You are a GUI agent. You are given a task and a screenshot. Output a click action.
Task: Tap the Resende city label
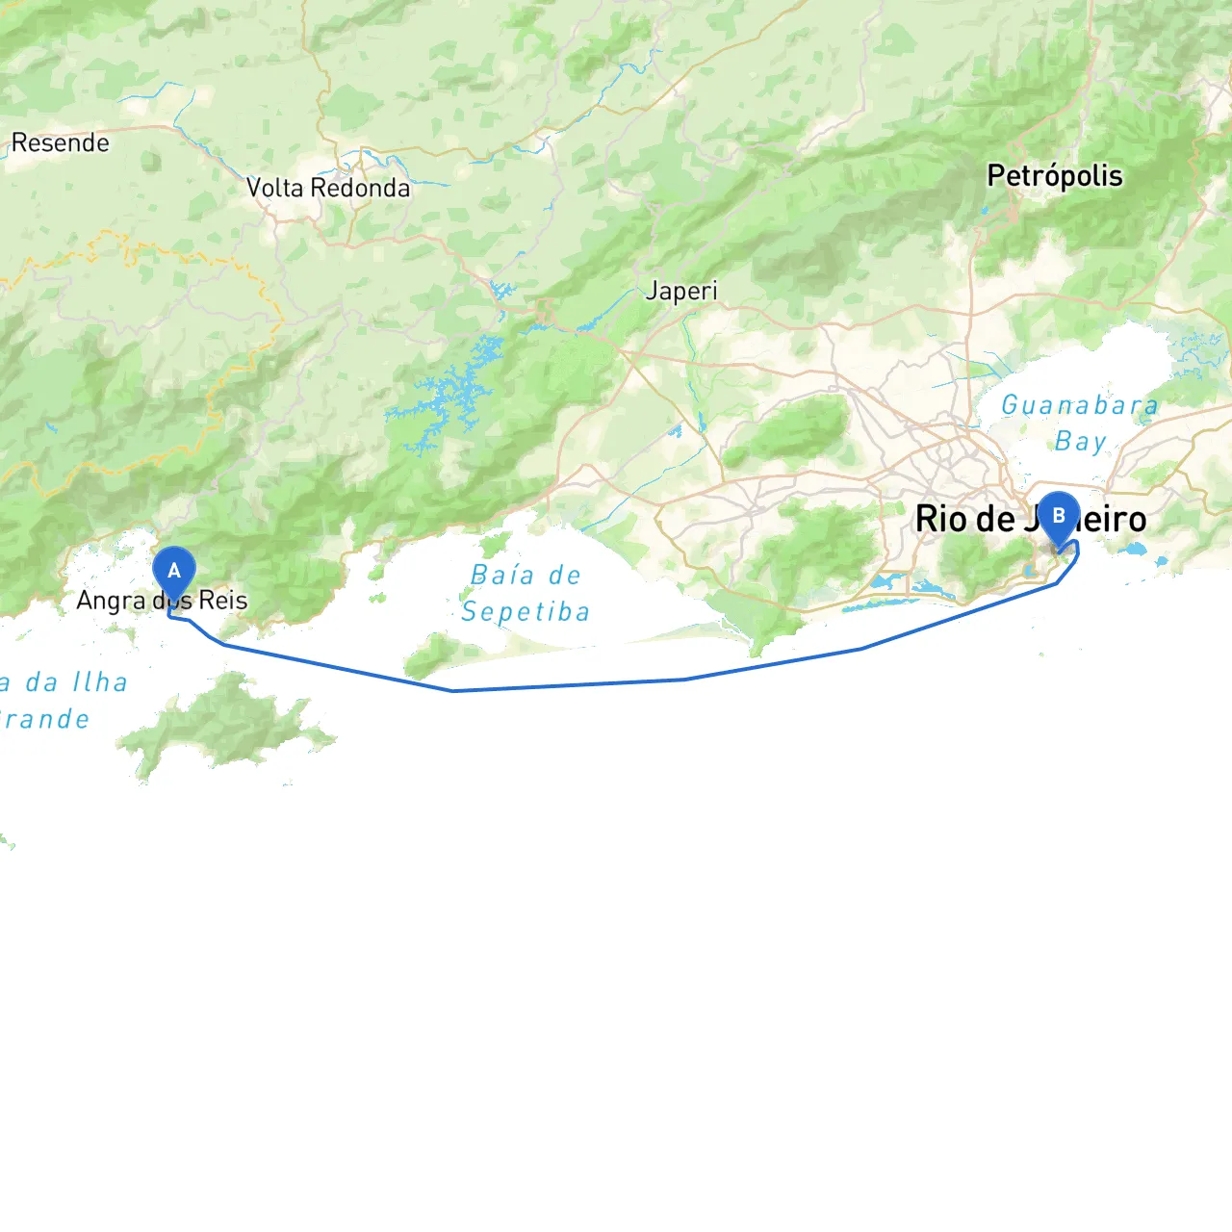pos(60,143)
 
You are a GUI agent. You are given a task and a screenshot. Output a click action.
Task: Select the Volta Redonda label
pos(327,188)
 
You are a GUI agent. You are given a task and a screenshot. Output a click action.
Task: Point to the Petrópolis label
pos(1055,176)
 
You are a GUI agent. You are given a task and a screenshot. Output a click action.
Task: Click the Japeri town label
pos(681,291)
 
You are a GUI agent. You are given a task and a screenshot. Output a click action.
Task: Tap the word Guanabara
pos(1079,405)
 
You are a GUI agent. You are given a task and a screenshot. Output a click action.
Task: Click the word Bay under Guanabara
pos(1080,442)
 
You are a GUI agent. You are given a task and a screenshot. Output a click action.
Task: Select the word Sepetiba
pos(526,612)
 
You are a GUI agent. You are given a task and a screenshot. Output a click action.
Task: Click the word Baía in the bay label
pos(502,576)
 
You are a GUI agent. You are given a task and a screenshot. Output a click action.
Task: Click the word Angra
pos(111,601)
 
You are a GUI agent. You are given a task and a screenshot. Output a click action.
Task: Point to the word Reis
pos(223,601)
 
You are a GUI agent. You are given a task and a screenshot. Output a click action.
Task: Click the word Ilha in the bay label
pos(100,682)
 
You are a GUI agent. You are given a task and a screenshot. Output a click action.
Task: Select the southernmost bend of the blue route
pos(452,690)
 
